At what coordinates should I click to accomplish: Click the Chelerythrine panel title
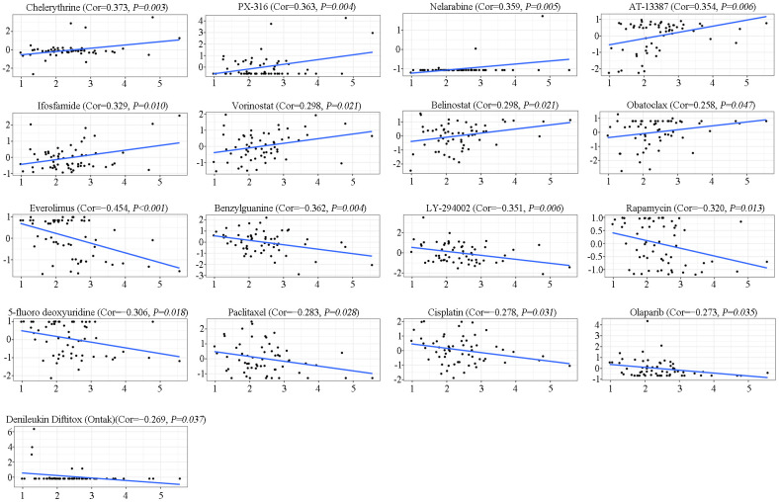click(x=95, y=8)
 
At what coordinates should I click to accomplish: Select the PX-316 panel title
click(x=289, y=8)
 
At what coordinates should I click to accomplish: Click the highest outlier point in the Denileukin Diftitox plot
click(x=34, y=429)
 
